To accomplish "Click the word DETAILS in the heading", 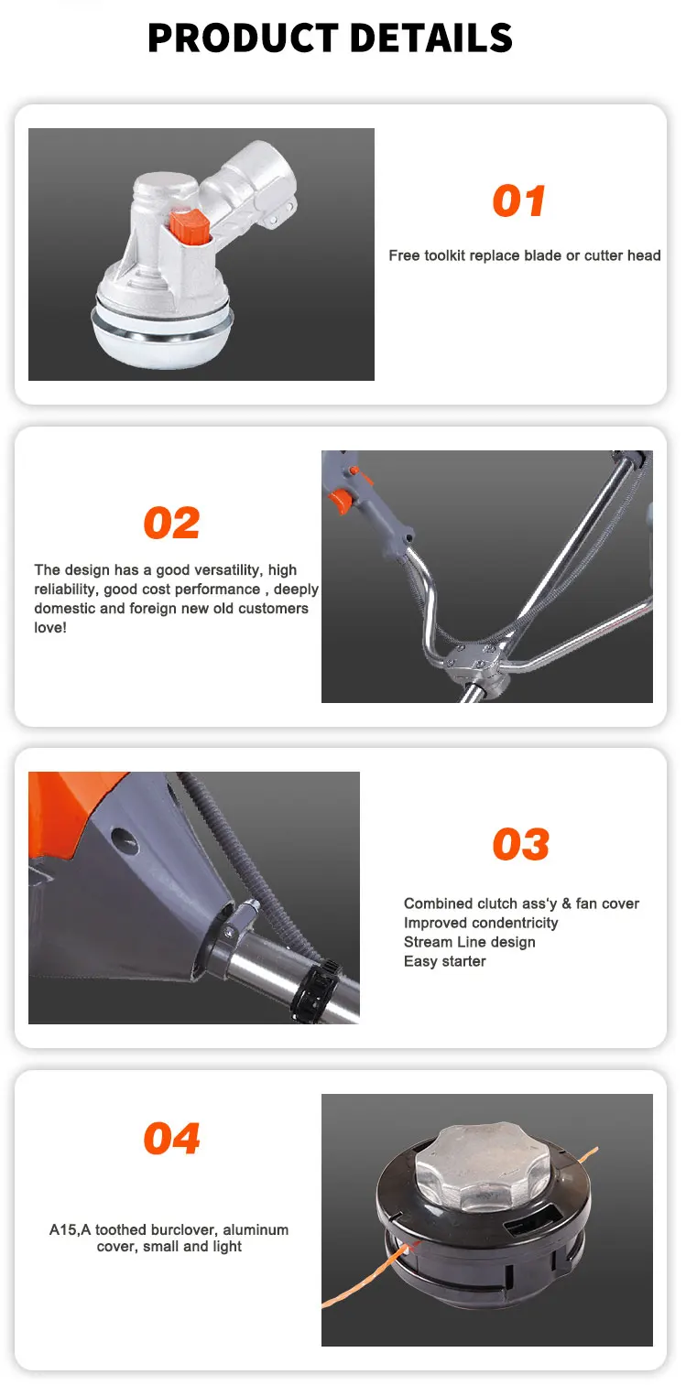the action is pyautogui.click(x=431, y=38).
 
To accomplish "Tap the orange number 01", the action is pyautogui.click(x=519, y=201).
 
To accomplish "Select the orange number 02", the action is pyautogui.click(x=172, y=523).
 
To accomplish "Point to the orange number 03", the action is pyautogui.click(x=521, y=845).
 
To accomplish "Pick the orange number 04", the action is pyautogui.click(x=172, y=1138).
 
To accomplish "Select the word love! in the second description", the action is pyautogui.click(x=50, y=628).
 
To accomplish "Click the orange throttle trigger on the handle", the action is pyautogui.click(x=339, y=501).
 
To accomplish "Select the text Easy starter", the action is pyautogui.click(x=445, y=961).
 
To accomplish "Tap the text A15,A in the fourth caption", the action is pyautogui.click(x=70, y=1229).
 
